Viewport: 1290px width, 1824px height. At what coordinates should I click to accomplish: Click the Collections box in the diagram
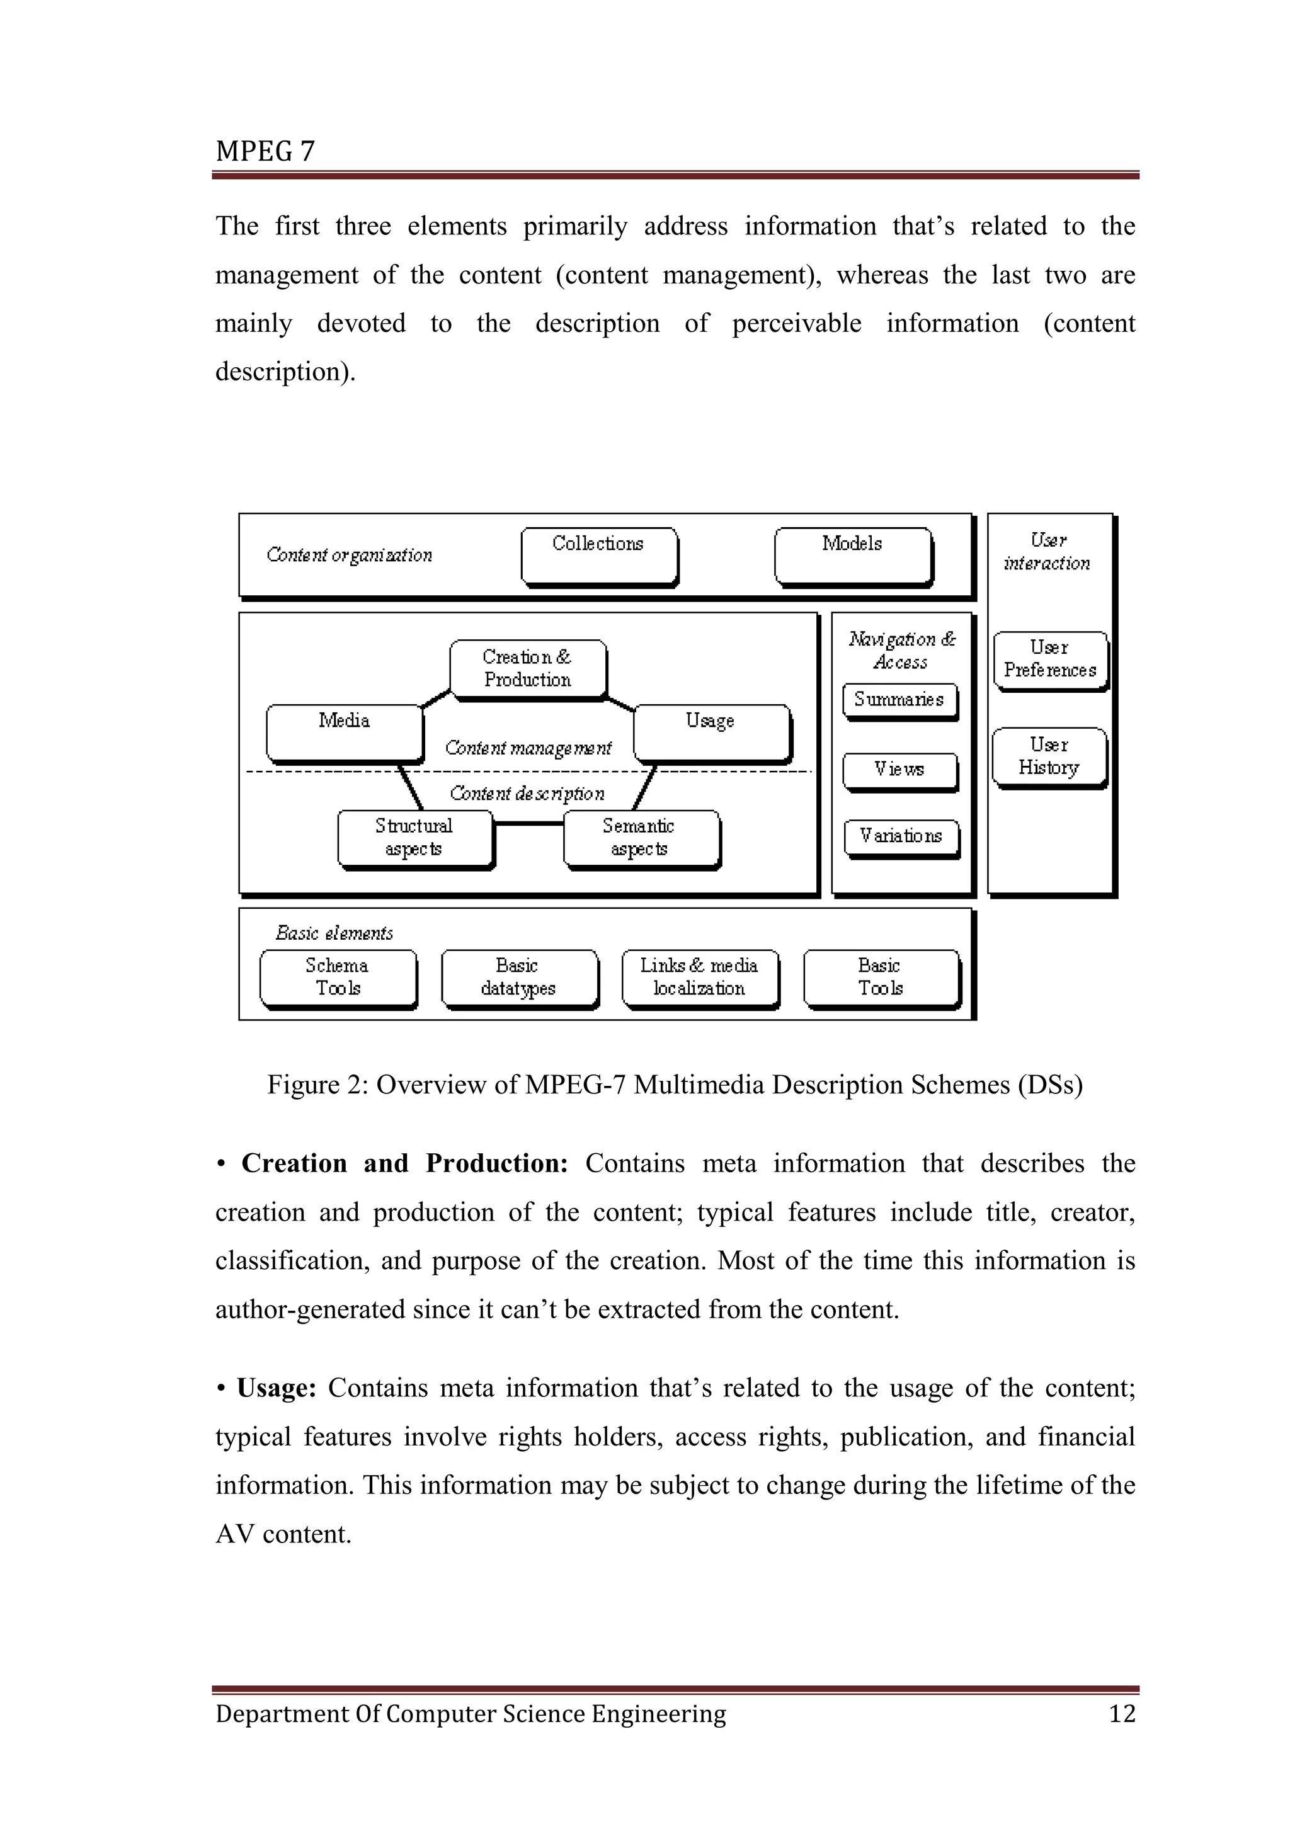[x=599, y=556]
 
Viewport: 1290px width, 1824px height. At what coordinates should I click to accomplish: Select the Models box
[x=852, y=556]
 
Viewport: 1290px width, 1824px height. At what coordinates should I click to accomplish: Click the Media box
[x=344, y=732]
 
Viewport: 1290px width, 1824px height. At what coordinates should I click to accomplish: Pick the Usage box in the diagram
[x=711, y=732]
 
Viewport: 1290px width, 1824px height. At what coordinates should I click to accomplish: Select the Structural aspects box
[x=414, y=838]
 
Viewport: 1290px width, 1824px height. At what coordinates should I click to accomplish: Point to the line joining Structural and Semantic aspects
[x=528, y=824]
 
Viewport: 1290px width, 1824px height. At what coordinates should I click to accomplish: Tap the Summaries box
[x=899, y=700]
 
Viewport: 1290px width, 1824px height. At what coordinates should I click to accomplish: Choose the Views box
[x=899, y=770]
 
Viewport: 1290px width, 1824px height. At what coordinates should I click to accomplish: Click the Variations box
[x=901, y=837]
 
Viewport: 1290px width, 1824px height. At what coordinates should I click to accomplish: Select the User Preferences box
[x=1049, y=659]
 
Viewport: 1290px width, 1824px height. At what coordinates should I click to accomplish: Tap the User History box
[x=1049, y=756]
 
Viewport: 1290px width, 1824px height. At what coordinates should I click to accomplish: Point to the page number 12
[x=1122, y=1714]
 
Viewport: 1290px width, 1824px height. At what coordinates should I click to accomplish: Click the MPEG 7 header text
[x=265, y=151]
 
